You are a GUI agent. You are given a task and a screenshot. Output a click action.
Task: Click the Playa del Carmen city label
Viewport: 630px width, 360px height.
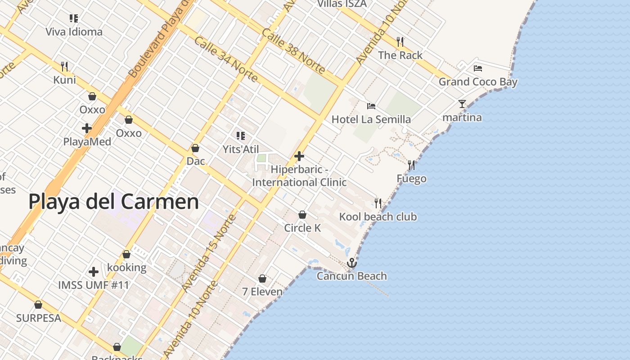click(113, 202)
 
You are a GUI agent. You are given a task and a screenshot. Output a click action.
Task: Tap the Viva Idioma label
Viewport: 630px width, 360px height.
click(74, 32)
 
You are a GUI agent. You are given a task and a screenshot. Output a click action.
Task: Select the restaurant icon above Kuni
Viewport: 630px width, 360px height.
click(64, 67)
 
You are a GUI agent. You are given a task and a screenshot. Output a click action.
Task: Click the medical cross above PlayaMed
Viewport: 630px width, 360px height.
click(87, 128)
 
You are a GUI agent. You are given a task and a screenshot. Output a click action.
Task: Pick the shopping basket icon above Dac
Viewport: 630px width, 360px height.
click(195, 148)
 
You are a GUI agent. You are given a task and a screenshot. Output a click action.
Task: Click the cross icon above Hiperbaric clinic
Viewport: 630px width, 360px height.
click(299, 156)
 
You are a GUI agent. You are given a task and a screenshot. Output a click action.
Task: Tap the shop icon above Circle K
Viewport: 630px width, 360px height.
click(302, 215)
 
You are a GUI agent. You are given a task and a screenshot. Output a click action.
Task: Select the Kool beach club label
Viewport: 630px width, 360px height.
click(378, 217)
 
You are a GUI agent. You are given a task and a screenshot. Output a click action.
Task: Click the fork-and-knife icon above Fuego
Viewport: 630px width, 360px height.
click(411, 165)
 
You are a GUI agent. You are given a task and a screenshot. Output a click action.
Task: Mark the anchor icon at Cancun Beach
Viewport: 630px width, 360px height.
click(352, 263)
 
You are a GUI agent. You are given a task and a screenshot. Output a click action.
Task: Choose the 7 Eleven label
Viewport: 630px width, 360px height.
click(262, 292)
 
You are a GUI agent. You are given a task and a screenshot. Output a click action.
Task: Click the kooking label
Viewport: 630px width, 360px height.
click(126, 267)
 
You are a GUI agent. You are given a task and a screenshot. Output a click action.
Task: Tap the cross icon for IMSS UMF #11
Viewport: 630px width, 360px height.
click(94, 272)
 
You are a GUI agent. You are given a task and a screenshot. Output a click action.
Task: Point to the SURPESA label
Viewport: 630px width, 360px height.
click(38, 318)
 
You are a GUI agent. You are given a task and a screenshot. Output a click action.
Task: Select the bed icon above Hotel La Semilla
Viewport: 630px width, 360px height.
click(371, 106)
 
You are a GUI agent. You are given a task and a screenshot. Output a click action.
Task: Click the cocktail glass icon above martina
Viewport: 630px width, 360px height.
click(462, 104)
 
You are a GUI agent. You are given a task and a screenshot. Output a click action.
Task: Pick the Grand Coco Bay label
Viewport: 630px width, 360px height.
click(478, 82)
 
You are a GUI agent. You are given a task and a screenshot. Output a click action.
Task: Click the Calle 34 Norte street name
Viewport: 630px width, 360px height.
click(226, 60)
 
